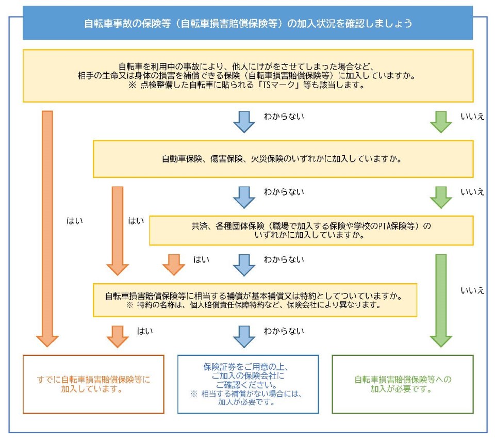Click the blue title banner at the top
point(247,24)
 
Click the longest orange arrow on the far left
point(47,227)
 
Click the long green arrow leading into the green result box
point(441,299)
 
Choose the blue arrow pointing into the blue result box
point(244,336)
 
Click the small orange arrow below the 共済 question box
point(174,264)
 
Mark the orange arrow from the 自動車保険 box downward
point(118,230)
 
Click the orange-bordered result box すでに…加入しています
point(93,384)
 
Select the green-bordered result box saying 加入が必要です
point(402,384)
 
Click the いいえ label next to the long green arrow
point(472,290)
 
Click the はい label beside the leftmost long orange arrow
point(75,221)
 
